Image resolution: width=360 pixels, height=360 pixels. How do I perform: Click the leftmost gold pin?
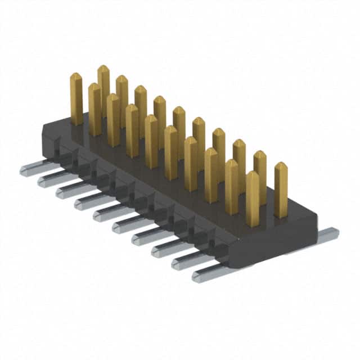point(76,100)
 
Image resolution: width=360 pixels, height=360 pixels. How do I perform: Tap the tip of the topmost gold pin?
point(103,69)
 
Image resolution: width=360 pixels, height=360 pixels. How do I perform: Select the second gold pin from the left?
point(94,110)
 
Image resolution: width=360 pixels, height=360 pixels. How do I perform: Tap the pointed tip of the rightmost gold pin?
point(281,165)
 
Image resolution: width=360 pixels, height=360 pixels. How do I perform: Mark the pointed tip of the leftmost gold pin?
point(76,76)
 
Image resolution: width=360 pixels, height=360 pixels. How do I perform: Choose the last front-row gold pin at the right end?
point(253,200)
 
